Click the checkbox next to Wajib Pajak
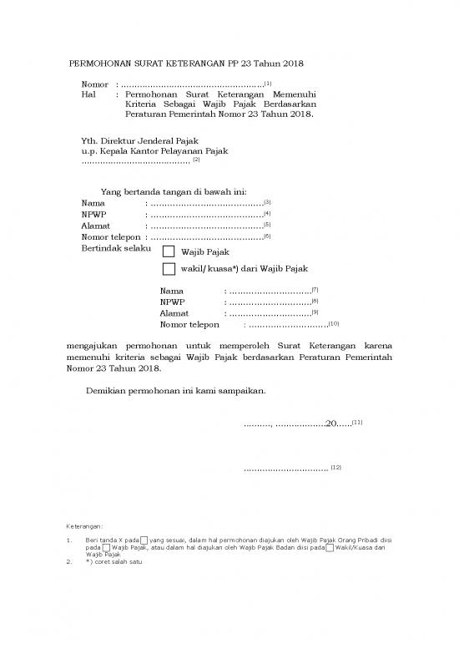pyautogui.click(x=169, y=251)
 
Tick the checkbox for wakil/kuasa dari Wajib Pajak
pyautogui.click(x=169, y=268)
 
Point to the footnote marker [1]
pyautogui.click(x=266, y=83)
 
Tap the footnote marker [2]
pyautogui.click(x=196, y=159)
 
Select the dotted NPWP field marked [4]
pyautogui.click(x=205, y=215)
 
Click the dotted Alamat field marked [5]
pyautogui.click(x=205, y=226)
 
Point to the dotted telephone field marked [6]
pyautogui.click(x=205, y=237)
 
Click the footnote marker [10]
pyautogui.click(x=334, y=322)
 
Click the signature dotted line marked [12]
pyautogui.click(x=285, y=469)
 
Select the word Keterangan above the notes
pyautogui.click(x=84, y=526)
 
